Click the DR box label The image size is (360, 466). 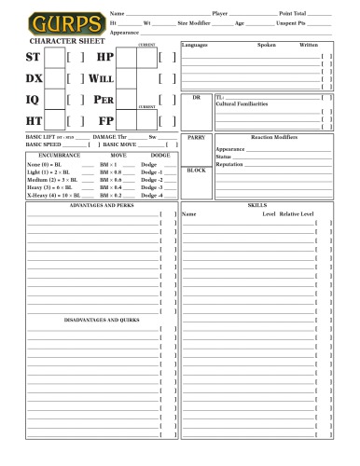coord(196,97)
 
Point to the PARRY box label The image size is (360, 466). coord(196,137)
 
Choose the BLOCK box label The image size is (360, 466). coord(196,171)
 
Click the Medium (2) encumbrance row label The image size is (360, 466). coord(48,179)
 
